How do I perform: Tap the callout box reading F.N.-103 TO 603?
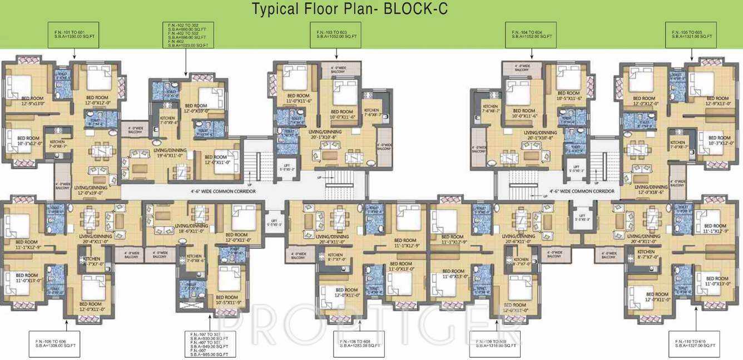336,34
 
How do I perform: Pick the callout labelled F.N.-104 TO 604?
532,34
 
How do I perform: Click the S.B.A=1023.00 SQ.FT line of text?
187,45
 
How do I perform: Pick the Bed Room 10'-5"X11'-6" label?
569,96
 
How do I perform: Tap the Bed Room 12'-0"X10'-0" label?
196,108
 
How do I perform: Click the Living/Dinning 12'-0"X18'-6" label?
651,190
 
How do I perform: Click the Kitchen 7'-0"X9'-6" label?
169,121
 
